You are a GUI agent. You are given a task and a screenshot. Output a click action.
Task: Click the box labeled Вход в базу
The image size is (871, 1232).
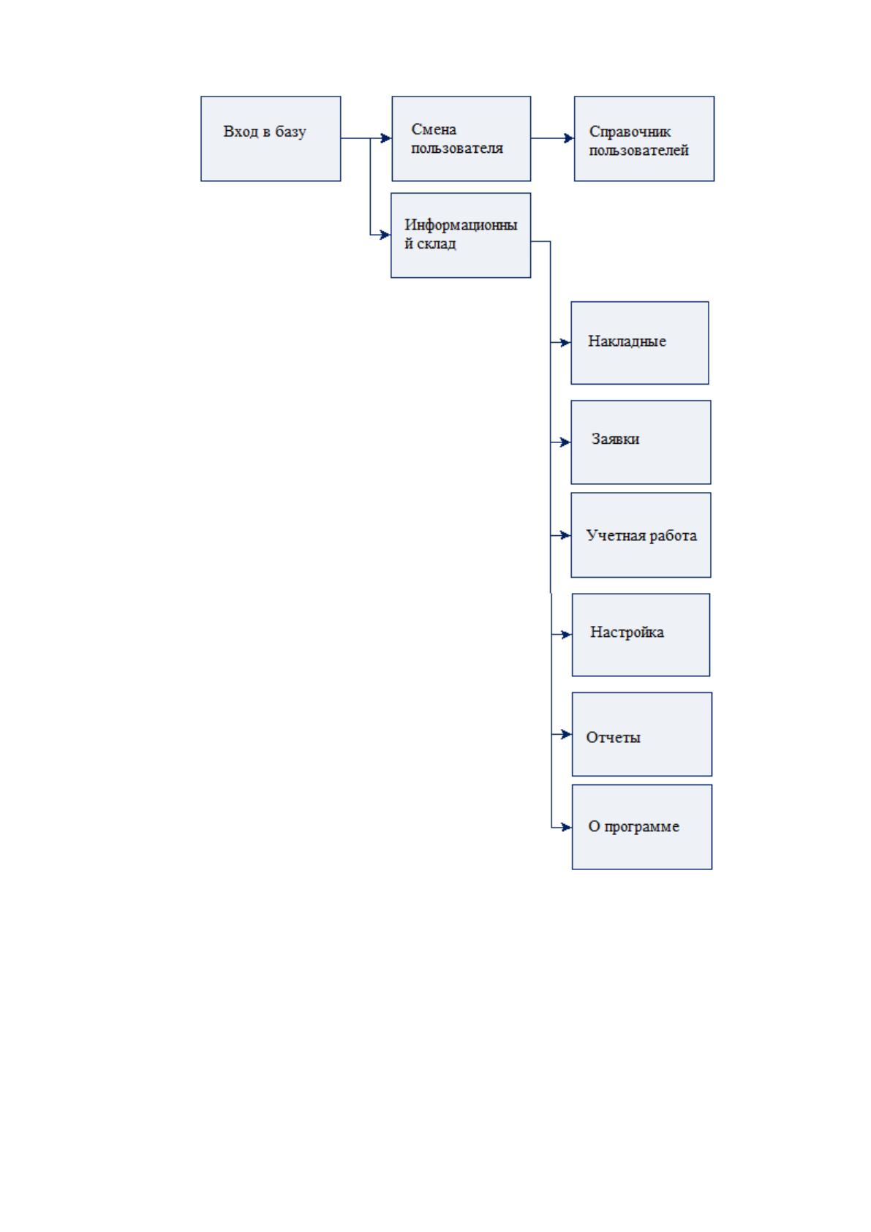point(271,139)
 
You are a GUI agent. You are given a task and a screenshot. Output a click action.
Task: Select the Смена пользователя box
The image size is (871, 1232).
point(461,139)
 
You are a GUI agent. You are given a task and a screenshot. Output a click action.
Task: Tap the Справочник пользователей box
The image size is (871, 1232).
point(644,139)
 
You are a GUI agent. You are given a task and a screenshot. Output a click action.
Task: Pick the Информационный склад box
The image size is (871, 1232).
point(461,235)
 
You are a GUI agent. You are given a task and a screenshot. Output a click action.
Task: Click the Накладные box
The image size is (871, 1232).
point(640,343)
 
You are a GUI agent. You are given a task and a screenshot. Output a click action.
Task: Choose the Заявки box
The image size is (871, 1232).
point(641,442)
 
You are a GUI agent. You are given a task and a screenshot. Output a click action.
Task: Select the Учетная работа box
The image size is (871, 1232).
point(641,535)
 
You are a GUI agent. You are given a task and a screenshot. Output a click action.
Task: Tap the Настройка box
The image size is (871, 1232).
point(641,635)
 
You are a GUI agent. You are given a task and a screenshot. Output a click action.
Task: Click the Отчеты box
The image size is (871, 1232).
point(642,734)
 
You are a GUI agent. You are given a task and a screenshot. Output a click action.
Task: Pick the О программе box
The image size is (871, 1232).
point(642,827)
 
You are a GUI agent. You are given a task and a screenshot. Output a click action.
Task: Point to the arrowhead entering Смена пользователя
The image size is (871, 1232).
point(386,138)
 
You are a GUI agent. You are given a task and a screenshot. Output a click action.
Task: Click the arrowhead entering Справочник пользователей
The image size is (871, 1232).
point(569,138)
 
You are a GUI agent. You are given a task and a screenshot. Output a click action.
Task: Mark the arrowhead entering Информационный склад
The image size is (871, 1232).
point(385,235)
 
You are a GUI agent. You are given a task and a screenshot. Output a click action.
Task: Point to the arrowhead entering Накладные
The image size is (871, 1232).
point(565,343)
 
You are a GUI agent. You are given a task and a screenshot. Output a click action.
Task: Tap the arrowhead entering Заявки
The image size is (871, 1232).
point(565,442)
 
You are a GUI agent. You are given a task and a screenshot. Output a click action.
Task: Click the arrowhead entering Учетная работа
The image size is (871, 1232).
point(565,535)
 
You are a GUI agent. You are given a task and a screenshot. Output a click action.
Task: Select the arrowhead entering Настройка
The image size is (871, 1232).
point(567,635)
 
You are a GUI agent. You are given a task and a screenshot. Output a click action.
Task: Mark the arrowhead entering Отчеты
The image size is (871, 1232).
point(567,734)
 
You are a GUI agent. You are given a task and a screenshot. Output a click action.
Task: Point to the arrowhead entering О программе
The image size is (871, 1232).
point(567,827)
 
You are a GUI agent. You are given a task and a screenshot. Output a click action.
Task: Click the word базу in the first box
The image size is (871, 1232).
point(290,132)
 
